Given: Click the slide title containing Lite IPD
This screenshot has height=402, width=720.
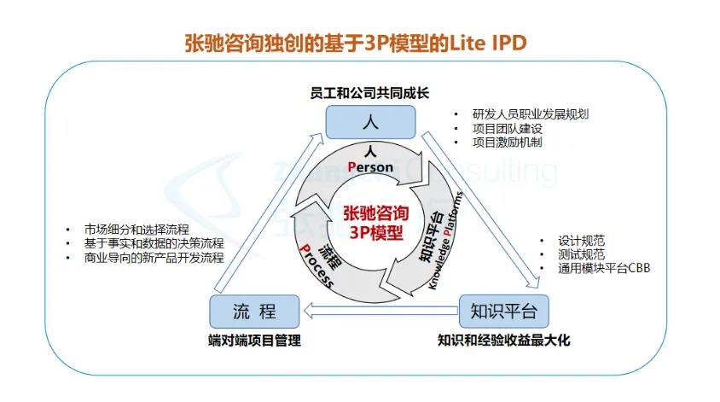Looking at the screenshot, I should (x=357, y=43).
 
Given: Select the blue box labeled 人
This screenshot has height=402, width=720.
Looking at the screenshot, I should (x=369, y=122).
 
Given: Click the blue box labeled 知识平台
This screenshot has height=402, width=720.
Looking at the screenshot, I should (x=504, y=310).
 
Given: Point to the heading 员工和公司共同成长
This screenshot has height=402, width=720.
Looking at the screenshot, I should (x=369, y=91).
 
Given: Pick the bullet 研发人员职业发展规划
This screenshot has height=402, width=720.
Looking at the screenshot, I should (x=531, y=114).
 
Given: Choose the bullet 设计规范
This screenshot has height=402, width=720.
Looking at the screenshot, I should (x=581, y=241).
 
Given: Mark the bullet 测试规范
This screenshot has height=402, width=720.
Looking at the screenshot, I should (x=581, y=254).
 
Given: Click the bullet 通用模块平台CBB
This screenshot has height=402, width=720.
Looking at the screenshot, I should (x=604, y=268).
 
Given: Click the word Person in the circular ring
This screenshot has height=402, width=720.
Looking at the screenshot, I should (x=370, y=167).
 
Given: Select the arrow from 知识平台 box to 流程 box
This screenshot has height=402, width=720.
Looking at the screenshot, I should (x=384, y=309).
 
